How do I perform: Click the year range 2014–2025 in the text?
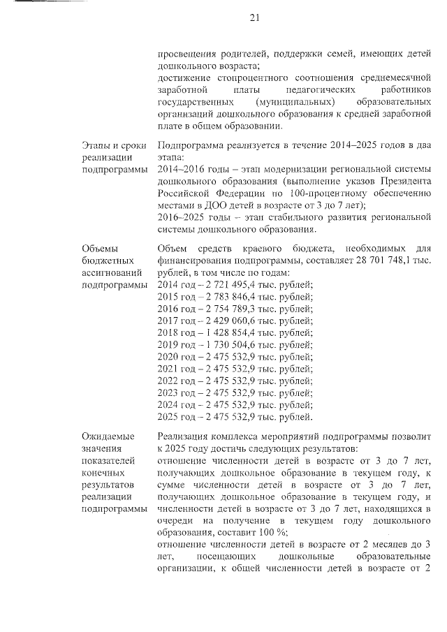[x=331, y=146]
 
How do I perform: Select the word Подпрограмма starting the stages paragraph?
[x=193, y=146]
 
